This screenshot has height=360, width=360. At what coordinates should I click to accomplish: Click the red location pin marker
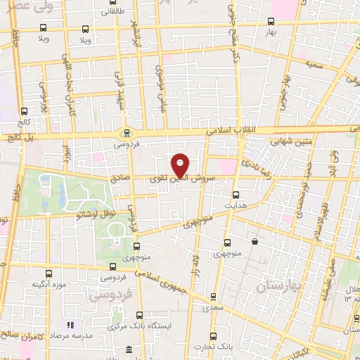[181, 165]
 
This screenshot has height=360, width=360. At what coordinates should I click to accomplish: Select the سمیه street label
[314, 64]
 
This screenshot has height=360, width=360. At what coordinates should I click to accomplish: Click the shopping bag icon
[254, 242]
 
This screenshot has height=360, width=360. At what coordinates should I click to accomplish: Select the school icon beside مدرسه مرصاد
[70, 326]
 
